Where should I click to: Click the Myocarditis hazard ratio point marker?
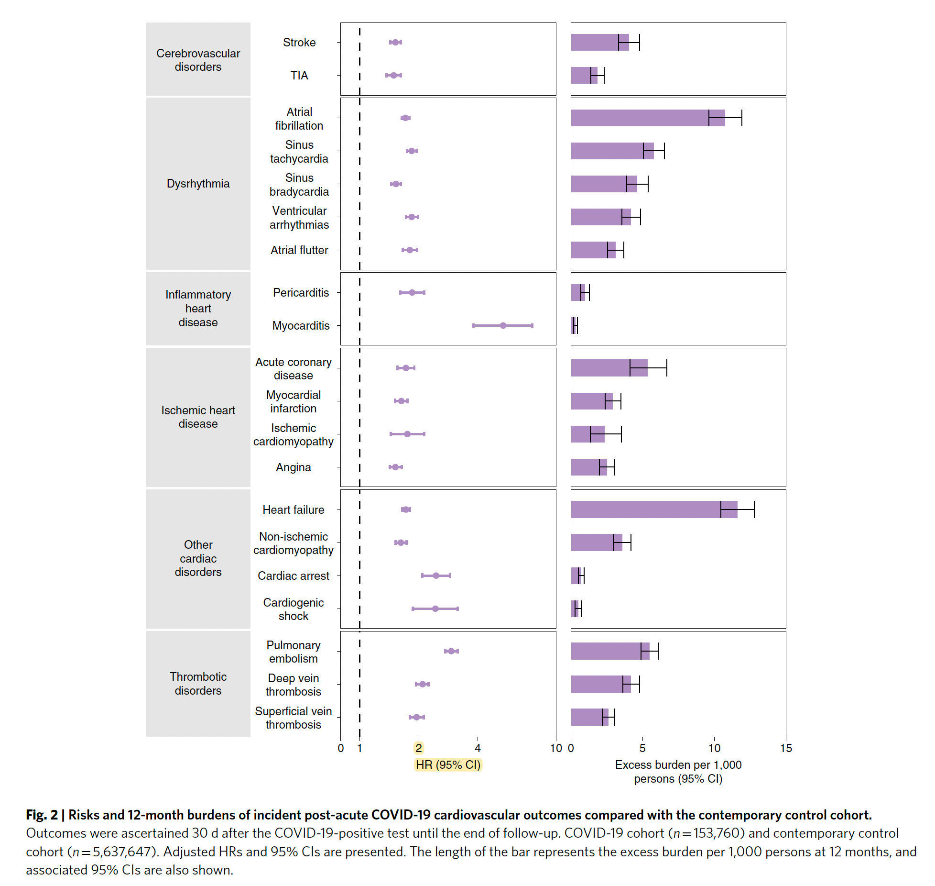click(x=503, y=325)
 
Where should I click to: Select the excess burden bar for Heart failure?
click(x=653, y=509)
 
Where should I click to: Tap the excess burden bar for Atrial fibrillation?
click(x=647, y=118)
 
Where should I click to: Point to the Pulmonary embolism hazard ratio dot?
click(x=451, y=651)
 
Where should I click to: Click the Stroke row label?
click(x=299, y=43)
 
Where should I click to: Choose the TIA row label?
click(x=299, y=76)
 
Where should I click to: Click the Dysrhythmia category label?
click(x=198, y=184)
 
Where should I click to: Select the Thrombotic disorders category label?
click(x=198, y=684)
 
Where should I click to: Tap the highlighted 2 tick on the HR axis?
click(x=419, y=748)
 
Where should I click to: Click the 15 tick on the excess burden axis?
click(x=786, y=748)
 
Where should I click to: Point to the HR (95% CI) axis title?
click(x=448, y=765)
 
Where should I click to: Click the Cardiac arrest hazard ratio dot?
click(x=436, y=576)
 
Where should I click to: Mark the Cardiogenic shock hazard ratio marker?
click(x=435, y=609)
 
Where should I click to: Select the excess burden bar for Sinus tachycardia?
click(x=612, y=151)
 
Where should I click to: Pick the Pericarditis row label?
click(x=301, y=293)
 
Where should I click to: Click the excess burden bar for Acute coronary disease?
click(x=609, y=368)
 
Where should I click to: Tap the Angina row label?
click(x=294, y=467)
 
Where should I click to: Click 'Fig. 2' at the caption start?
click(x=42, y=815)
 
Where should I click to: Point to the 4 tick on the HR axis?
click(x=478, y=748)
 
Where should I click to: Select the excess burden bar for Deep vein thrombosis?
click(x=600, y=684)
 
